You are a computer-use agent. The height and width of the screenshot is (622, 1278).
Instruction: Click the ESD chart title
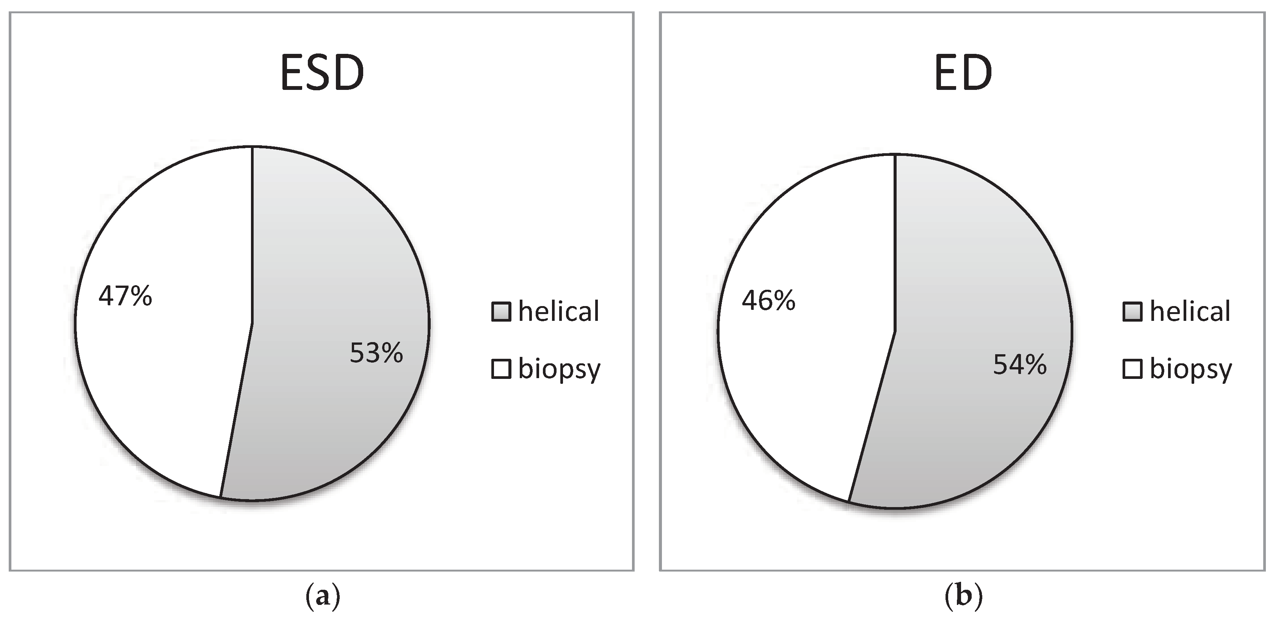[x=322, y=74]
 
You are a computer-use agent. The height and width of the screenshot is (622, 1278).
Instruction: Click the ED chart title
[x=963, y=74]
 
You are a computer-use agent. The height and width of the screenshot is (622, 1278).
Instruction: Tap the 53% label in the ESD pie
[x=376, y=353]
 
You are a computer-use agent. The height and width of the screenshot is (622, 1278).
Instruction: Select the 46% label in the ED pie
[x=768, y=300]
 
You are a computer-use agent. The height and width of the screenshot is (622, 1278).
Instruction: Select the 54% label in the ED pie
[x=1019, y=365]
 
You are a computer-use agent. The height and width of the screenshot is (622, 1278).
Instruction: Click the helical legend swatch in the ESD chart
[x=501, y=312]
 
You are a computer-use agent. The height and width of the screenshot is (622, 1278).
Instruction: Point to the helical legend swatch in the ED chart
[x=1133, y=312]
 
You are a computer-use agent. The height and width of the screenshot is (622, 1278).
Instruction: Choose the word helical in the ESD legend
[x=559, y=311]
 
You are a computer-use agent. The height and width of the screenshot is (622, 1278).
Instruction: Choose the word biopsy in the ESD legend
[x=559, y=370]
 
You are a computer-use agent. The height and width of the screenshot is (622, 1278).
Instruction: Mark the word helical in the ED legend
[x=1190, y=311]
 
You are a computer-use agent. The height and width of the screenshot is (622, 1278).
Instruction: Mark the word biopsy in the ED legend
[x=1191, y=370]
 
